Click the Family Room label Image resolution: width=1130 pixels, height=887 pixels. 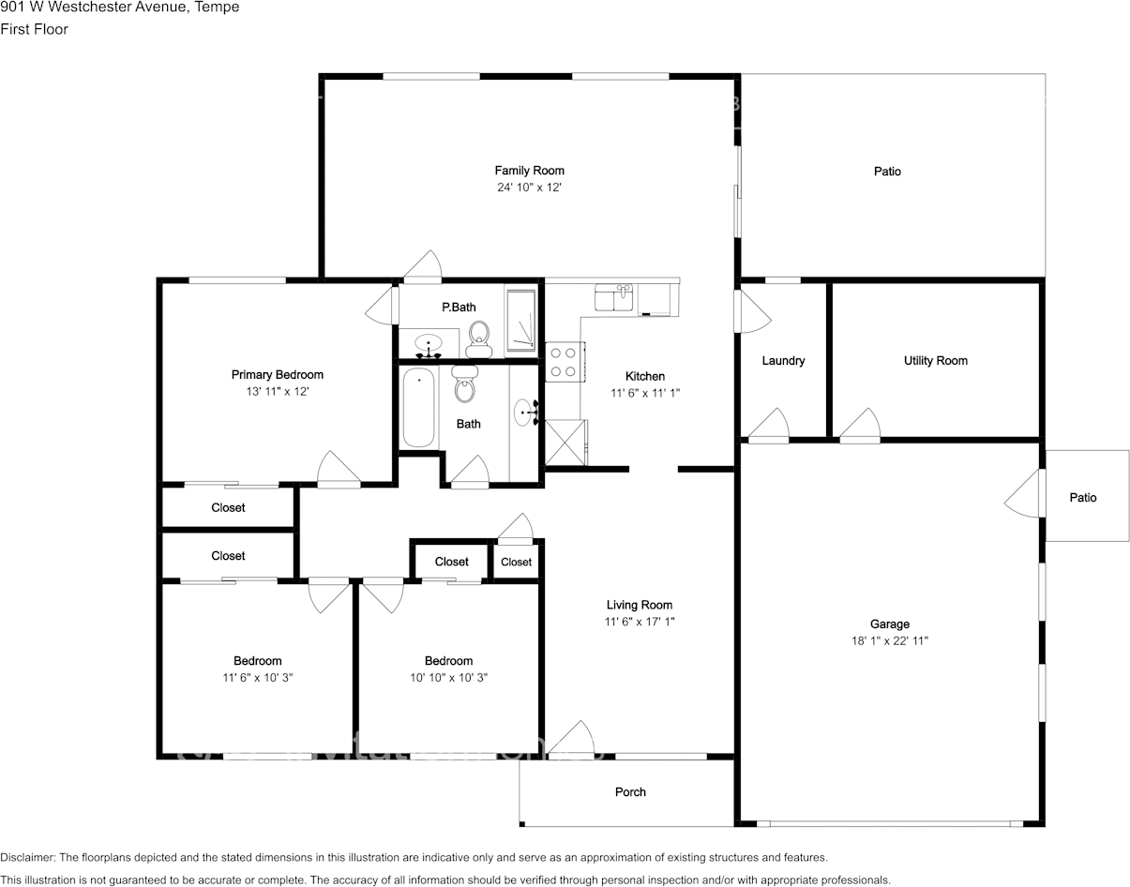[x=530, y=171]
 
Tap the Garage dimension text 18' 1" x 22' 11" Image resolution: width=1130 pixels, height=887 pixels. [x=890, y=641]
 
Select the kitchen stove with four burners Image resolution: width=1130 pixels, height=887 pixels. [x=565, y=361]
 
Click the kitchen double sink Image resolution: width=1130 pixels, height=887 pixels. [x=613, y=297]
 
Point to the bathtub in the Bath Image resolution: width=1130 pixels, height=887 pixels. [x=418, y=407]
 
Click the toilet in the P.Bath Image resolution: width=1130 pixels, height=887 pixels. [x=479, y=339]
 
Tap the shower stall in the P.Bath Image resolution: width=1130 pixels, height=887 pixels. [x=521, y=321]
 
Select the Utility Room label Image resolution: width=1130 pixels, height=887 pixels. [x=936, y=361]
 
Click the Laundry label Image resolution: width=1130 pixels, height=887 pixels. [x=783, y=361]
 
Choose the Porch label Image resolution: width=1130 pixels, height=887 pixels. [x=630, y=792]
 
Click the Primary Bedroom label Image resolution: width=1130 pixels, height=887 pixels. [x=278, y=375]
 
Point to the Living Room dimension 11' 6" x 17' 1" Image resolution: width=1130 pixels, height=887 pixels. [x=640, y=622]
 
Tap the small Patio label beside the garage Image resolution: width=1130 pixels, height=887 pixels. [x=1083, y=498]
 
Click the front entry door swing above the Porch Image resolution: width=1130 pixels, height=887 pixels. [x=571, y=739]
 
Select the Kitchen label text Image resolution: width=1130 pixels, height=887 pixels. [x=645, y=376]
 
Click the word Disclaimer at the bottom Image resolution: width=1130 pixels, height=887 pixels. [x=27, y=857]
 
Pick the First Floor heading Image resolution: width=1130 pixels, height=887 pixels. [x=35, y=29]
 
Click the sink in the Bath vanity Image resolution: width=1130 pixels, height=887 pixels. [x=524, y=413]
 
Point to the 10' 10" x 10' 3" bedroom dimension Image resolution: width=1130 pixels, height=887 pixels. [x=448, y=678]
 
